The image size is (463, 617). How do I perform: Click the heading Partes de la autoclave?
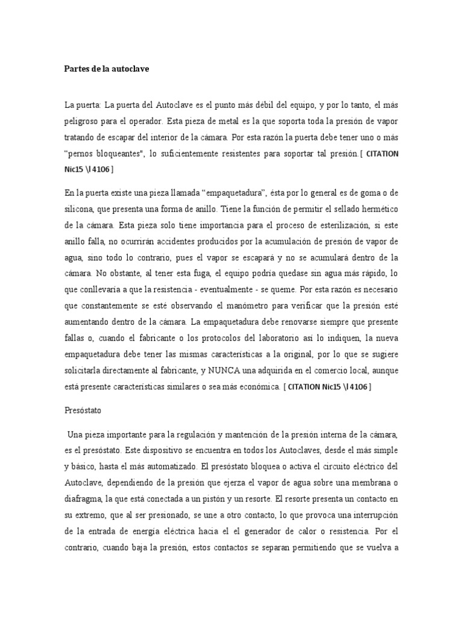click(106, 69)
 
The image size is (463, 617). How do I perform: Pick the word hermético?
click(375, 209)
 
